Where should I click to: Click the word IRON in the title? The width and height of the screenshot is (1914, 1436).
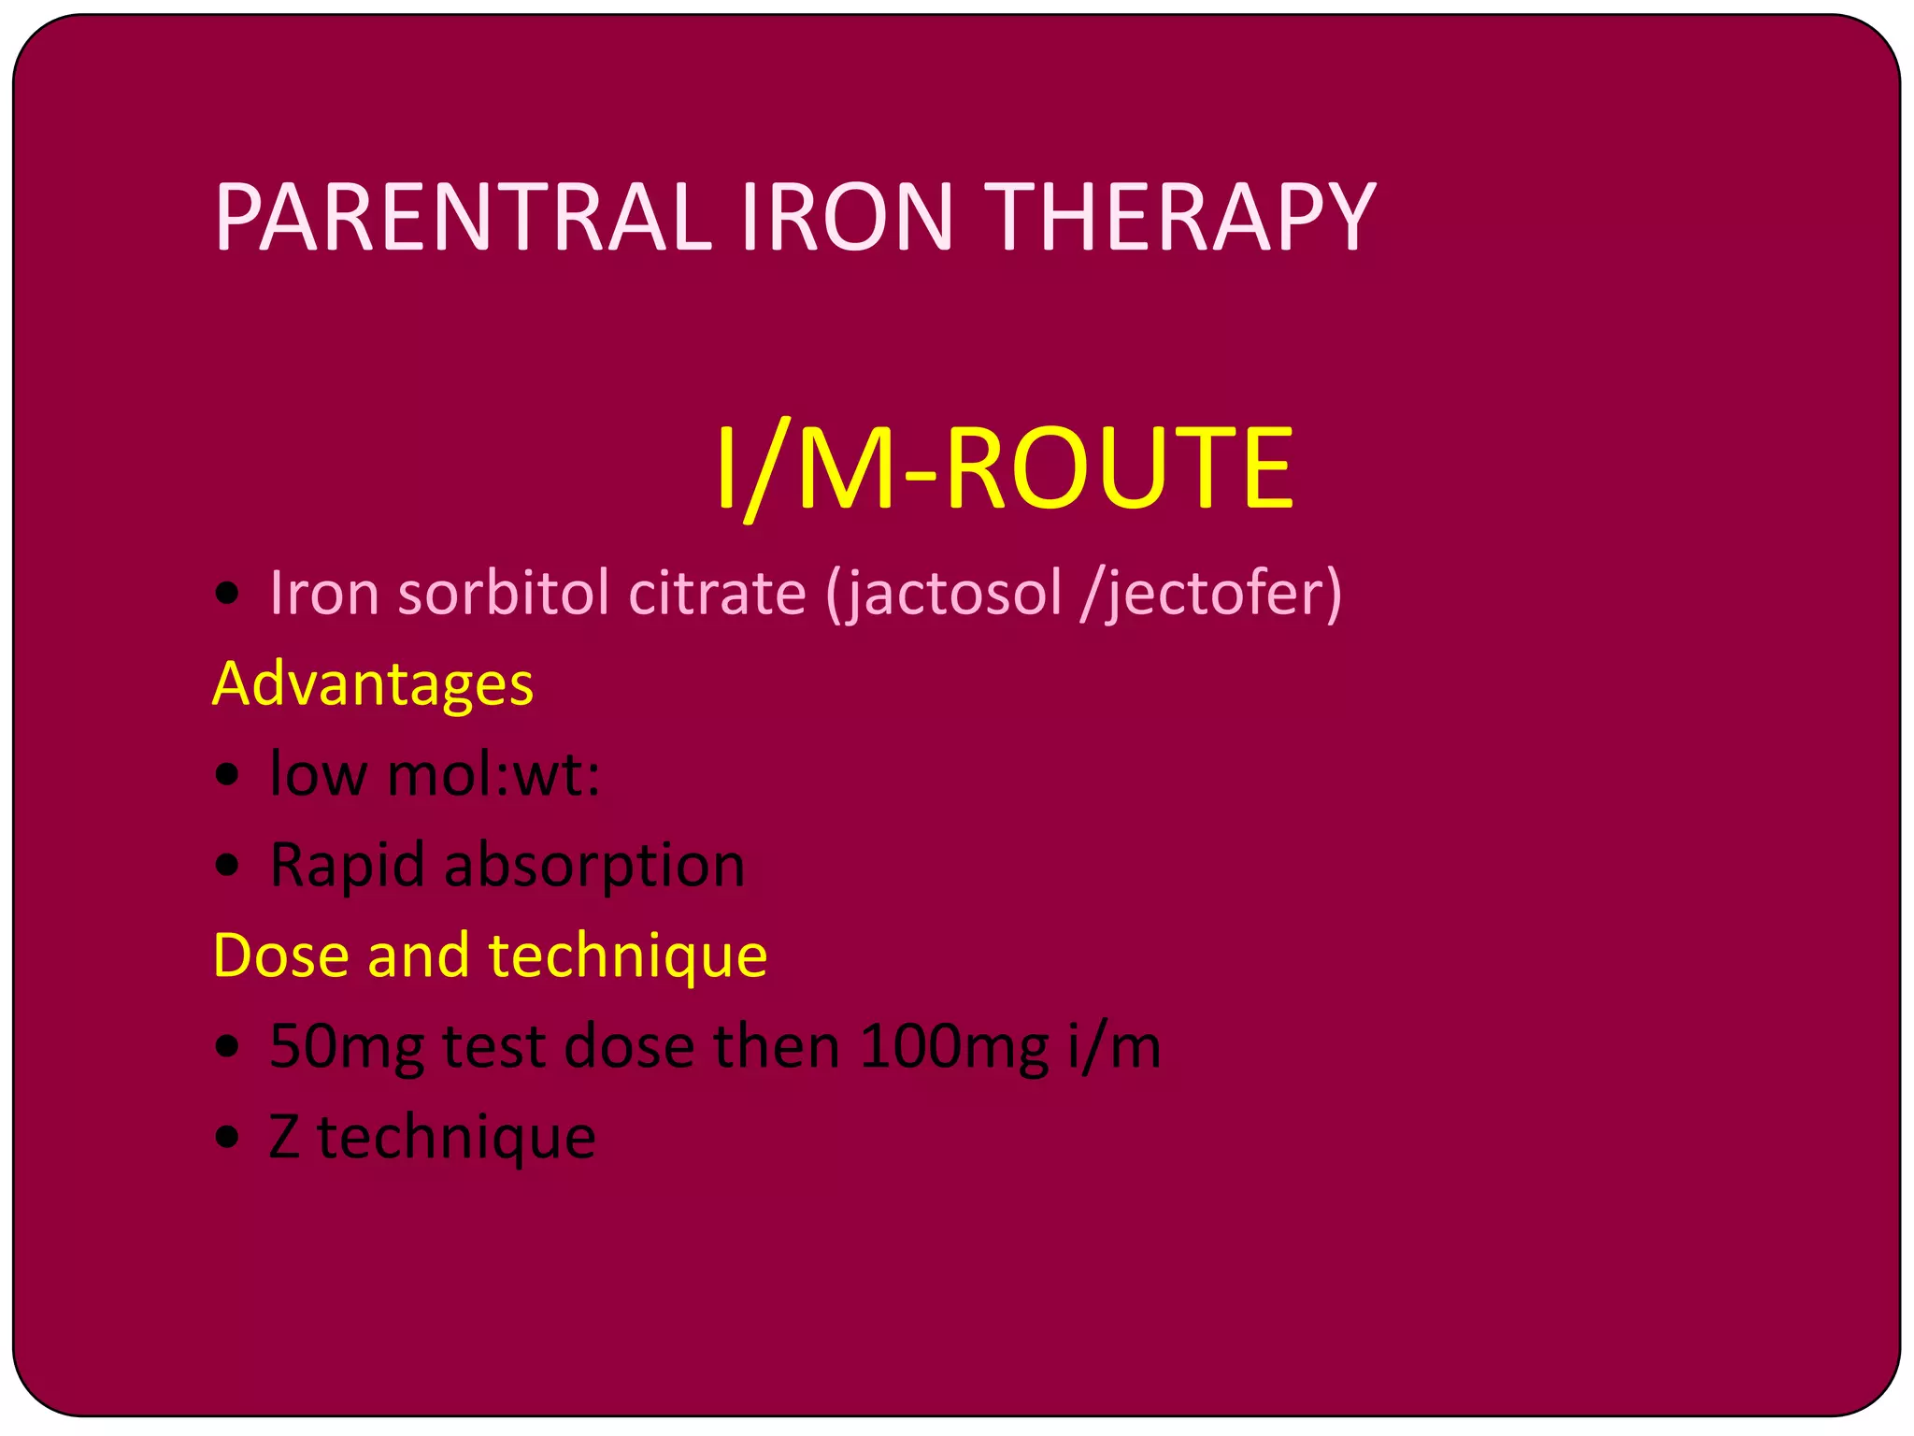tap(847, 217)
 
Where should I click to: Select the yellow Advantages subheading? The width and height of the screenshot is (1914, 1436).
tap(373, 683)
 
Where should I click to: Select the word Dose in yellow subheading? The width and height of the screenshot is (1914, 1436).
tap(280, 955)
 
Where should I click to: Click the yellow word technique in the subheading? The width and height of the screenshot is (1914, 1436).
tap(627, 956)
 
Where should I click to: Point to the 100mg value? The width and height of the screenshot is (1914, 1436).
tap(953, 1046)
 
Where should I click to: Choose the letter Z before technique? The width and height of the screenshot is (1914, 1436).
tap(284, 1136)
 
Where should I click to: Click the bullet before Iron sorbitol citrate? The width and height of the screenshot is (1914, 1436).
tap(227, 593)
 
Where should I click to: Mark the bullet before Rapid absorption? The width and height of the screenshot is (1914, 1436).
tap(227, 866)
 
